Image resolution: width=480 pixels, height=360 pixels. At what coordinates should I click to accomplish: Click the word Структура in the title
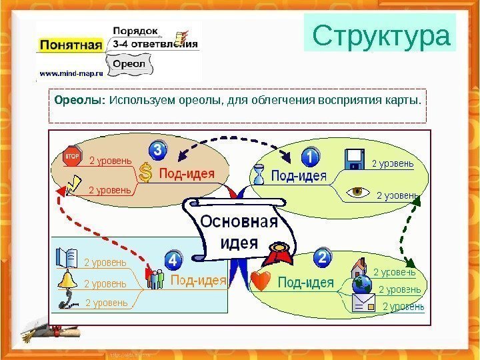coord(381,36)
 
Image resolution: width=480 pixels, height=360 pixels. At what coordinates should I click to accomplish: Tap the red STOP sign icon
coord(72,157)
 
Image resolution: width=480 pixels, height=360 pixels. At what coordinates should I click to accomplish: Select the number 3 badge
coord(157,150)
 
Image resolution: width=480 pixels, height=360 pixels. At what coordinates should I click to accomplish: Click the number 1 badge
coord(309,157)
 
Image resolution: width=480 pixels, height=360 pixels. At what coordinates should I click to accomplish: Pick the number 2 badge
coord(323,257)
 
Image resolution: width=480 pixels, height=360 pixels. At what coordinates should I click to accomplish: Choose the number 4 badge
coord(173,258)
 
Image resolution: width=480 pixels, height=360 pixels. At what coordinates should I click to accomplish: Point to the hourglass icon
coord(258,175)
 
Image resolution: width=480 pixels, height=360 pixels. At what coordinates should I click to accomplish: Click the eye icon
coord(360,192)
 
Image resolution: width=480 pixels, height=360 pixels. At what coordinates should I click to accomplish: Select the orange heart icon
coord(261,281)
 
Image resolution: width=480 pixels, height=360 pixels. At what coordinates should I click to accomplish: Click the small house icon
coord(359,267)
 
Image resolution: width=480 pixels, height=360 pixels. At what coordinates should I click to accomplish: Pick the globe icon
coord(362,285)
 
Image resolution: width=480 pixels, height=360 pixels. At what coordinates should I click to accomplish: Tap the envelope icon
coord(362,304)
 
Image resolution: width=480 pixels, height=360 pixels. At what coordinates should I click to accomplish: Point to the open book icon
coord(67,257)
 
